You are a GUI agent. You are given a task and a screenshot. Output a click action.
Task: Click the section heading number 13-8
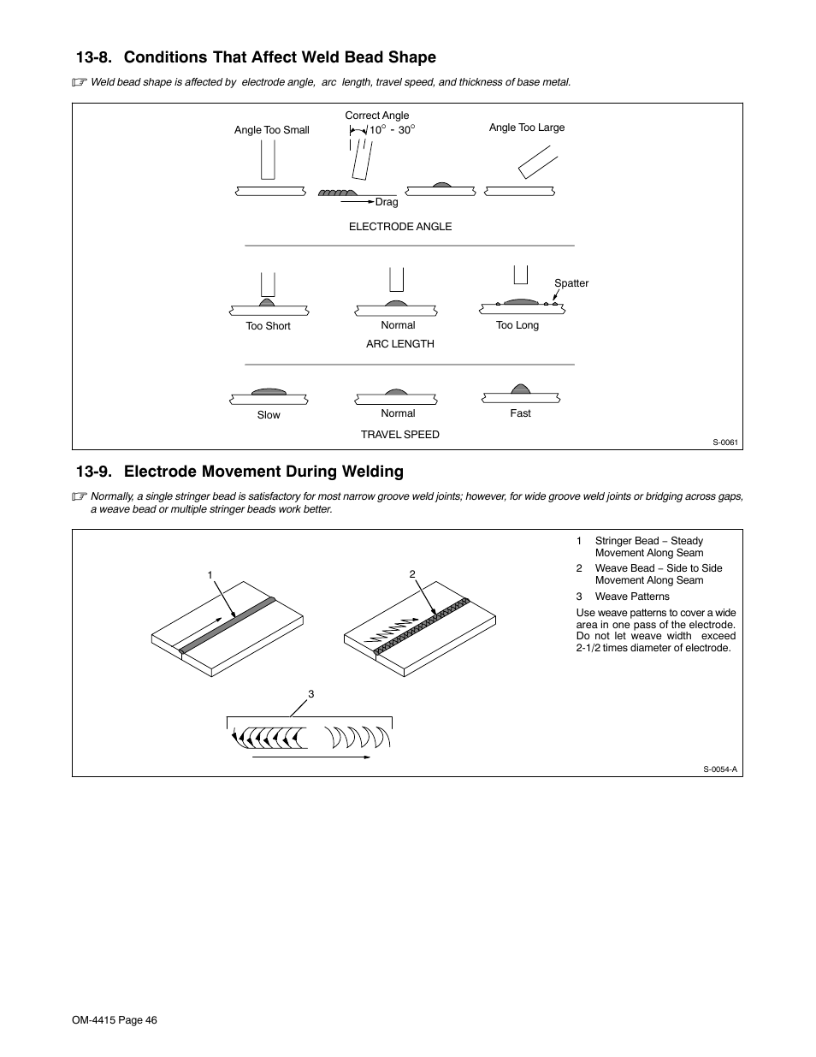95,57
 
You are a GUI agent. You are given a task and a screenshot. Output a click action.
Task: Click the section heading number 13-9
95,472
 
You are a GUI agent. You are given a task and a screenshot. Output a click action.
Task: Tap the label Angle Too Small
271,130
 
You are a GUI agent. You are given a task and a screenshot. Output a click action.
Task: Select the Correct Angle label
376,116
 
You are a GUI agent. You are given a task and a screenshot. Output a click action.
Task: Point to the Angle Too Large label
526,128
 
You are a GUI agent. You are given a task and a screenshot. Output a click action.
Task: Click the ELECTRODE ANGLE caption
399,227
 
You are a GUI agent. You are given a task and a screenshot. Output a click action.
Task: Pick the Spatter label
571,283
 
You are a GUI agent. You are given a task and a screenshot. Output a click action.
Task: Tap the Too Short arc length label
268,326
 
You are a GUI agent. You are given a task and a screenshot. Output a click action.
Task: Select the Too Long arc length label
517,325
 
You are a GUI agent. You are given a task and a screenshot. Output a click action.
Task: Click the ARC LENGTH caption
399,344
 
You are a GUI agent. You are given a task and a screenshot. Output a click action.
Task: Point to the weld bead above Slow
269,391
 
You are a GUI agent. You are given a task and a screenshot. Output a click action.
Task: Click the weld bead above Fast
520,389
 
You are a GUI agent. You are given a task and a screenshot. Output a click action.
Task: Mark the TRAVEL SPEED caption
399,435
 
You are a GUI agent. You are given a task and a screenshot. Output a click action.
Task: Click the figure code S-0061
725,442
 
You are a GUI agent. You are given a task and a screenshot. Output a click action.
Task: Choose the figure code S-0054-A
719,769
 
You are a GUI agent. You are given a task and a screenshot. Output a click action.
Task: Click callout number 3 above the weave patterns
311,694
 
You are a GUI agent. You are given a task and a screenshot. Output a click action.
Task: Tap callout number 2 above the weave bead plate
411,574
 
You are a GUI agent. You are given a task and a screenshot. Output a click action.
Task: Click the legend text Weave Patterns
632,597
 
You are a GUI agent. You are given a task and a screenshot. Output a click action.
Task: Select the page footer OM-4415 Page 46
115,1020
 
